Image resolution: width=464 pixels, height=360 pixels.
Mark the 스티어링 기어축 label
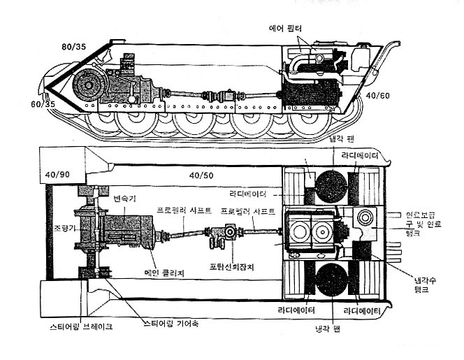[170, 323]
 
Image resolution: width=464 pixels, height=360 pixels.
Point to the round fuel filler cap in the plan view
[365, 217]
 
